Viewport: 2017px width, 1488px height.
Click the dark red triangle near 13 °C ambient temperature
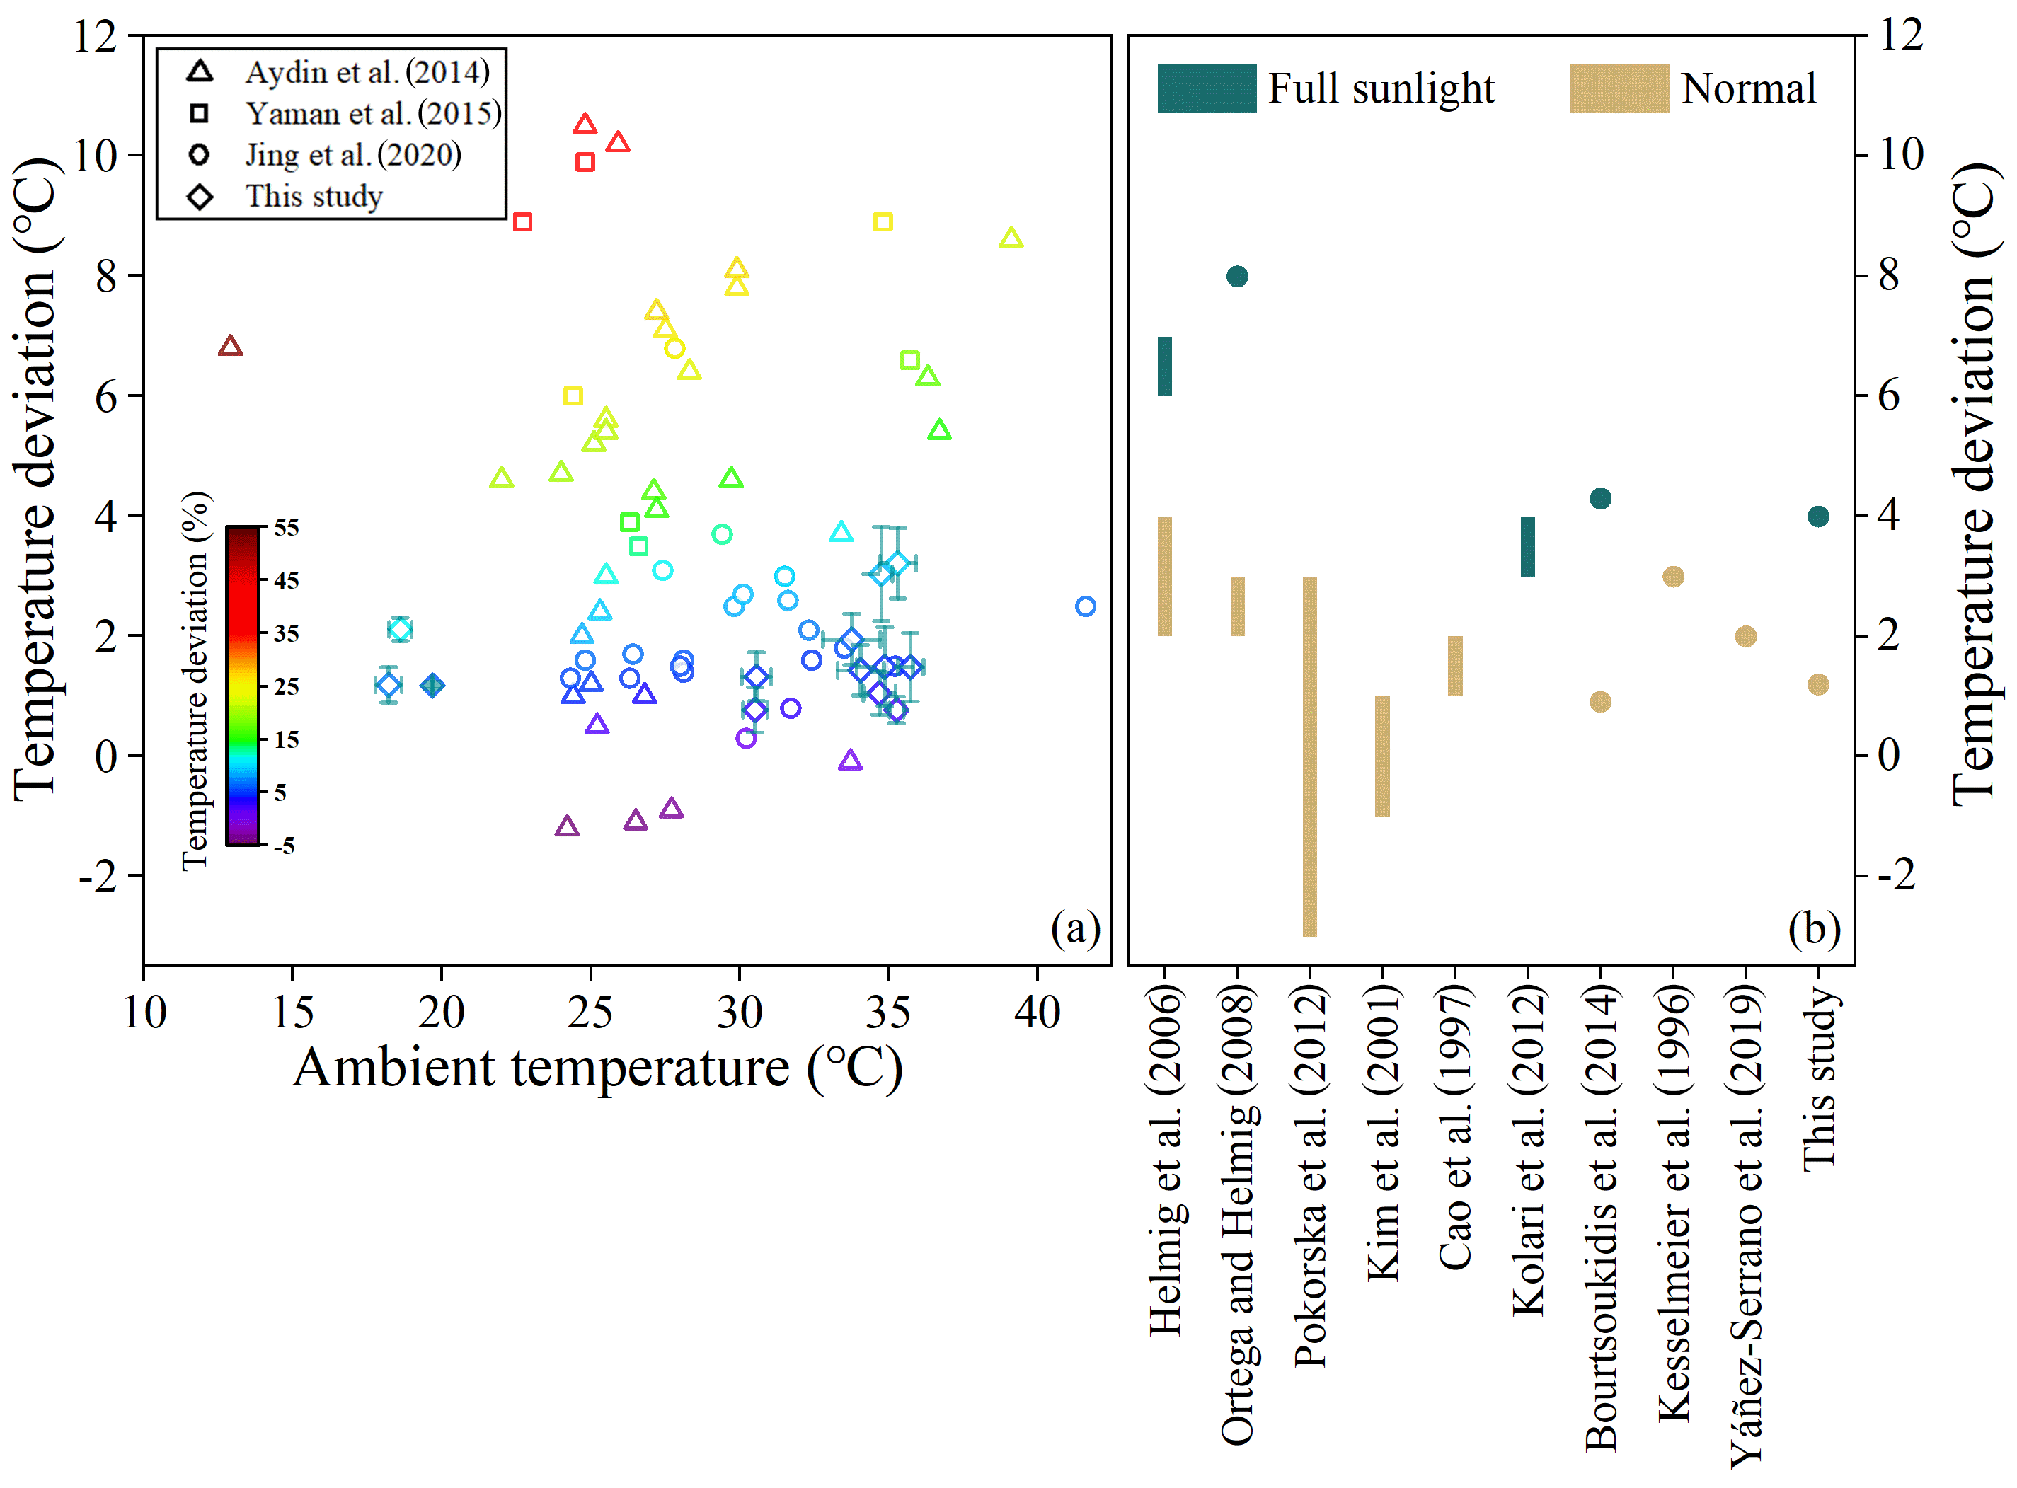click(230, 347)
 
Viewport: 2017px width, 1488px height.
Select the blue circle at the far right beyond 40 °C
click(1085, 606)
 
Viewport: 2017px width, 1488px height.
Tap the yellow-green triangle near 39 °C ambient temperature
click(1011, 238)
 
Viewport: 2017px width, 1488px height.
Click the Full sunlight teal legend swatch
click(1205, 88)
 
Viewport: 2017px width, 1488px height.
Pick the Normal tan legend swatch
click(1618, 88)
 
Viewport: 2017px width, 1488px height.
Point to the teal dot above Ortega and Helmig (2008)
click(1237, 276)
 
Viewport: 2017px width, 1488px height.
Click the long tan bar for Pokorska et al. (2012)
click(1309, 756)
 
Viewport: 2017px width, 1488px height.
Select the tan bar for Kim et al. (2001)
click(1382, 756)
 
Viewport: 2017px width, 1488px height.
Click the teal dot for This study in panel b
click(1818, 516)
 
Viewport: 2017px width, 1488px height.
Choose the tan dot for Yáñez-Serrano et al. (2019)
click(1745, 636)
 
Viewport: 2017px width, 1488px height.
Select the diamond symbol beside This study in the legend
click(200, 197)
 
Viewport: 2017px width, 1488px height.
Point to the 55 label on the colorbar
click(287, 527)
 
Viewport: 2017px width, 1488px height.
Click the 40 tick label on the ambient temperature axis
click(1037, 1013)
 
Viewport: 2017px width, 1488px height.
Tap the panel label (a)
click(1075, 928)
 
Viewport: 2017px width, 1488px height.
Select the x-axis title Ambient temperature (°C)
click(597, 1068)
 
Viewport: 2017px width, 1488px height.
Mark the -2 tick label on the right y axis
click(1897, 875)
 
